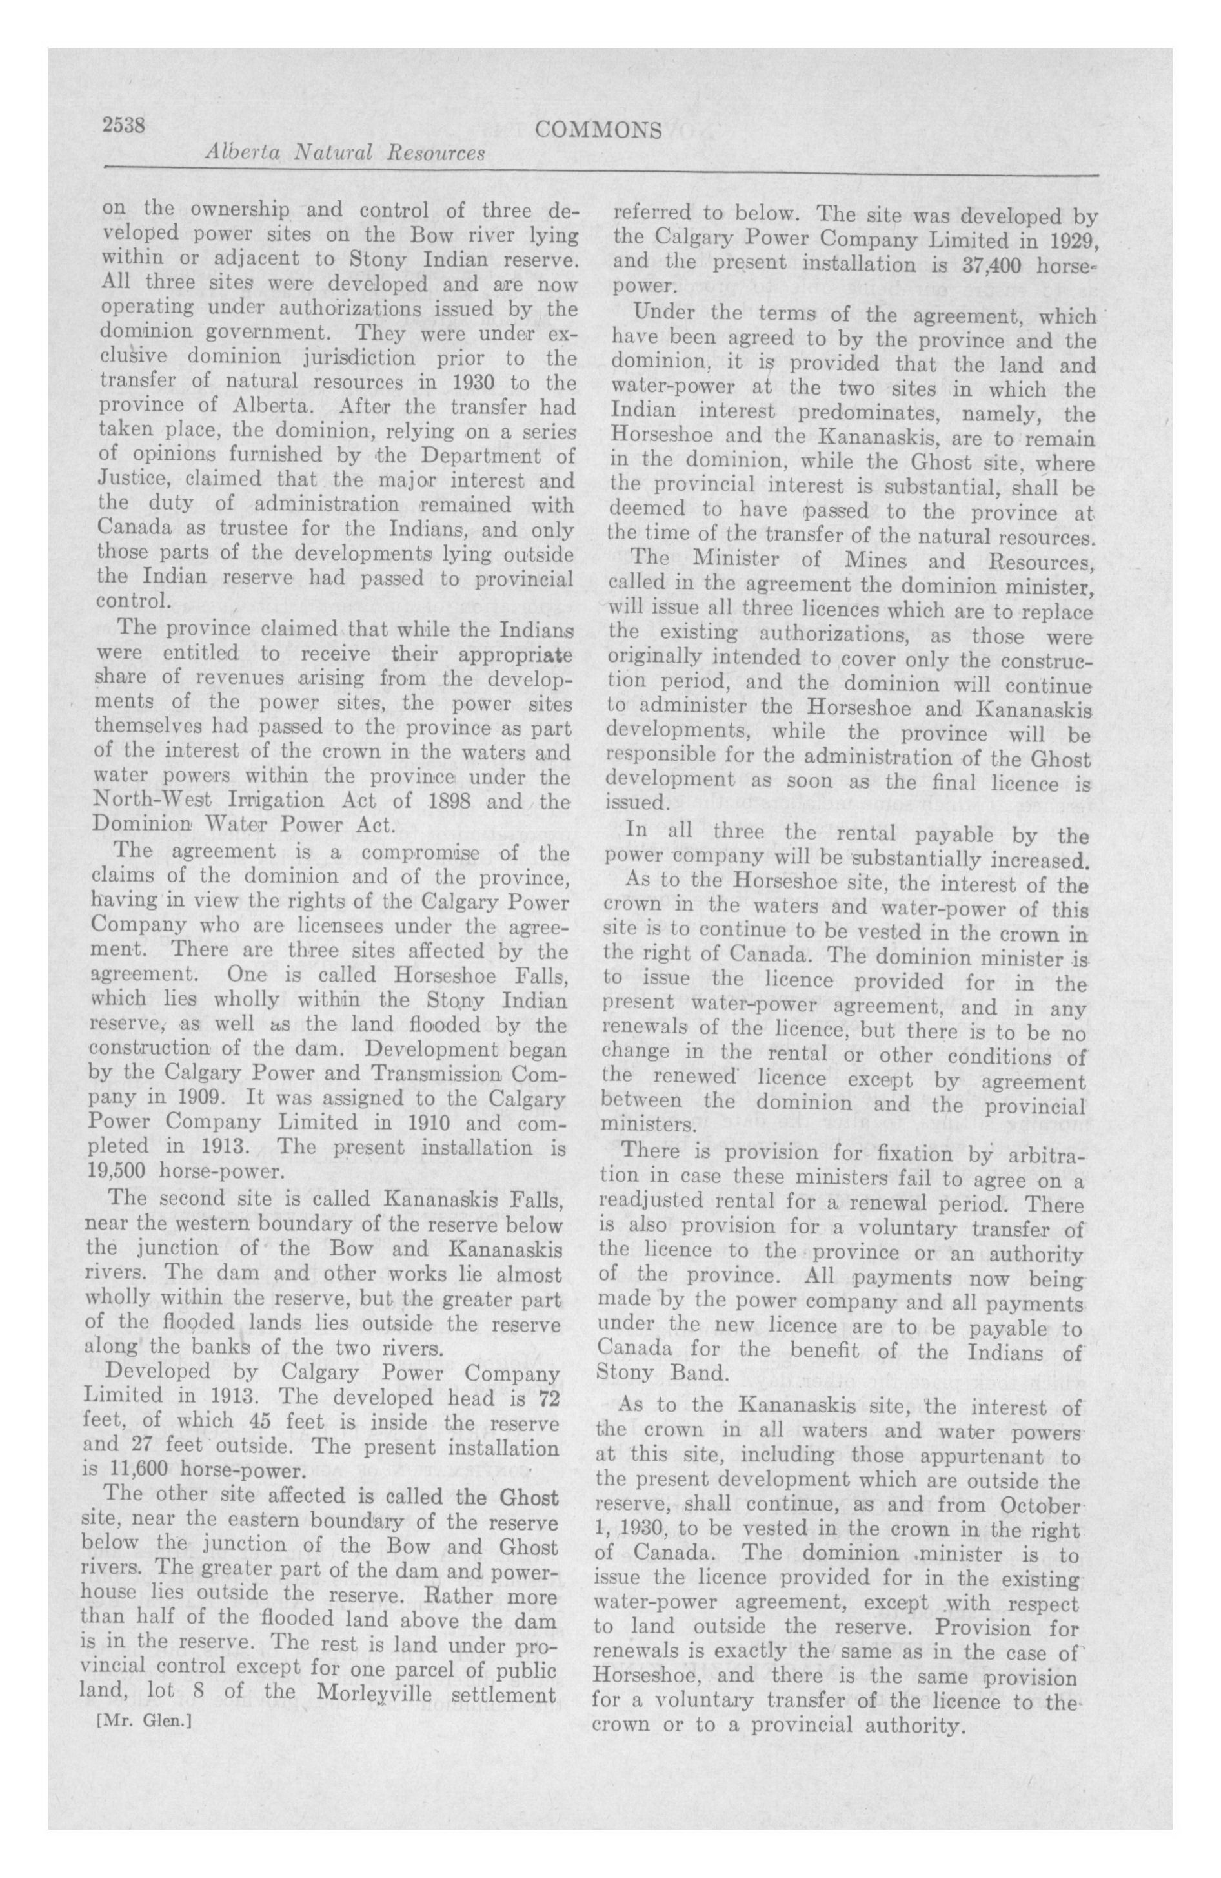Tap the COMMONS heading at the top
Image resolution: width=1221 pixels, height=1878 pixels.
(x=598, y=131)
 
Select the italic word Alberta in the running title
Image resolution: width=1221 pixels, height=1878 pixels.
(x=236, y=153)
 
